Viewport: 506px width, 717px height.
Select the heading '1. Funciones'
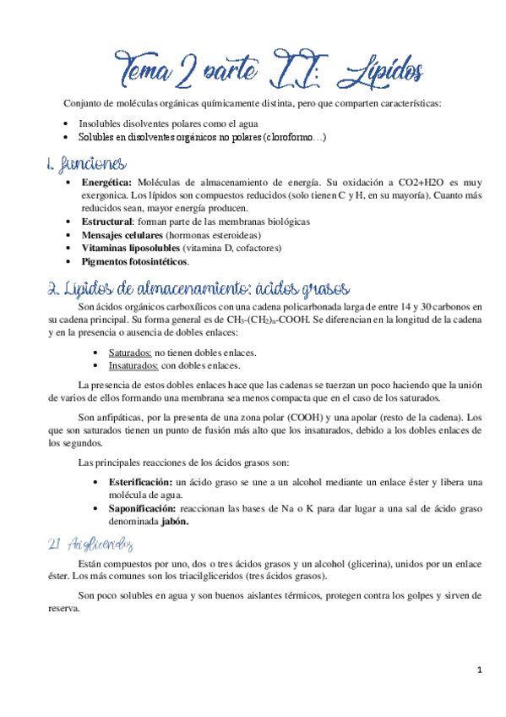point(89,164)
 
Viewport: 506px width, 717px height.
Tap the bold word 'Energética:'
point(106,182)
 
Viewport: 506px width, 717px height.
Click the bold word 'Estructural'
point(108,221)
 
